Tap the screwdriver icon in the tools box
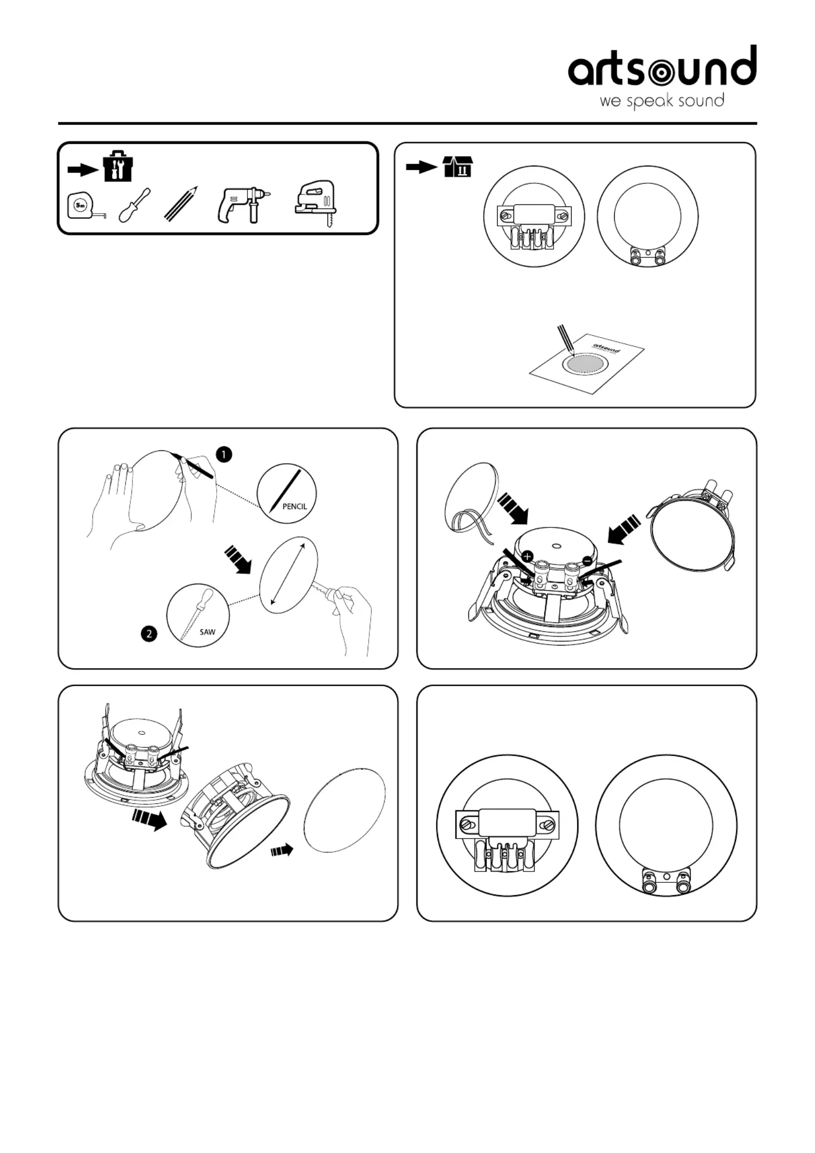point(135,205)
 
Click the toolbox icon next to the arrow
point(118,166)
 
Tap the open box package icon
point(458,166)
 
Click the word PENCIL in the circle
point(295,506)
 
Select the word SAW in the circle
point(207,632)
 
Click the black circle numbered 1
point(224,455)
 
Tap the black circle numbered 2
point(149,634)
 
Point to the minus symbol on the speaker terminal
point(586,560)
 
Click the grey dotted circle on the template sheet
point(584,363)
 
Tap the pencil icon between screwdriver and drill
point(181,204)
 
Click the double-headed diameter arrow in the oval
point(287,573)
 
